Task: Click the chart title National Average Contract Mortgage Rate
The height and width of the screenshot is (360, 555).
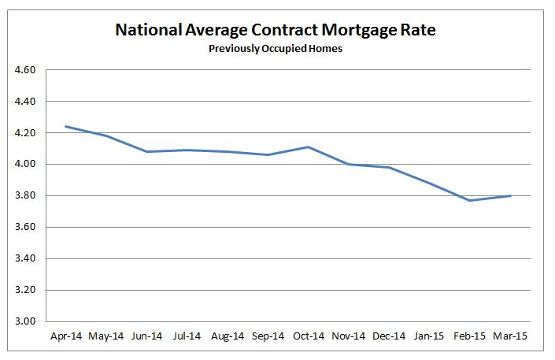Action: coord(276,31)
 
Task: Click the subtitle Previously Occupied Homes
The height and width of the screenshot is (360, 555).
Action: coord(276,49)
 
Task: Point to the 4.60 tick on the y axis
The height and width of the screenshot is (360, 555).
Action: coord(26,70)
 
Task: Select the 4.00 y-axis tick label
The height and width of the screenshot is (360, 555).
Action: coord(26,165)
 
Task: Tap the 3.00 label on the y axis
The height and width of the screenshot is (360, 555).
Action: coord(26,321)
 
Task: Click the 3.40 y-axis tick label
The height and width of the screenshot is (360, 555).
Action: coord(26,258)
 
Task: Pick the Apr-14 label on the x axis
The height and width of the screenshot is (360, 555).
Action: coord(67,336)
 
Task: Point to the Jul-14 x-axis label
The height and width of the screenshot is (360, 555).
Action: coord(188,336)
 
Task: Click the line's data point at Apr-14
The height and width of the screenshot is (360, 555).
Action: coord(67,126)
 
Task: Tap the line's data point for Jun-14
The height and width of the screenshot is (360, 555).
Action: coord(148,151)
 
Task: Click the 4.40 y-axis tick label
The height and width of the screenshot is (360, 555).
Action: coord(26,102)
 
